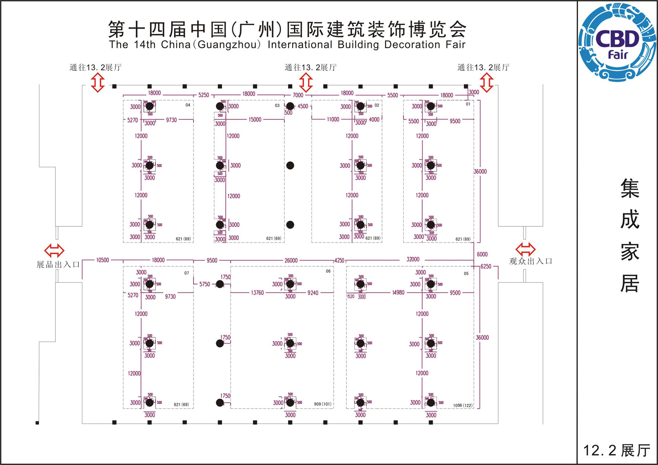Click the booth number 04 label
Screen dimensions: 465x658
(x=188, y=105)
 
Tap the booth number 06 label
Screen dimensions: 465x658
(x=328, y=271)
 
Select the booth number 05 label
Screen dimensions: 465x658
(x=466, y=274)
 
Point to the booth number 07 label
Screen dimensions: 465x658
(x=187, y=273)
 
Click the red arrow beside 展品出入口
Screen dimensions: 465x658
(x=54, y=250)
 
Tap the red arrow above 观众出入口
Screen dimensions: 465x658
(x=526, y=248)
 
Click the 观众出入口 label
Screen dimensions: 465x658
(x=531, y=261)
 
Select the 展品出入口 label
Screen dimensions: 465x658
(x=58, y=265)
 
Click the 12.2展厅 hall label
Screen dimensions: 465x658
(x=617, y=451)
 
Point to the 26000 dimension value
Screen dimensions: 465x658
(x=291, y=260)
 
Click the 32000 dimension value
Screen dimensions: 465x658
(x=413, y=259)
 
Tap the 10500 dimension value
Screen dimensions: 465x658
(x=103, y=260)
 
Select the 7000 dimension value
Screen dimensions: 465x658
(x=298, y=95)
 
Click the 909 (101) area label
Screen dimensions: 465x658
(x=322, y=404)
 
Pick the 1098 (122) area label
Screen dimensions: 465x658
(x=463, y=405)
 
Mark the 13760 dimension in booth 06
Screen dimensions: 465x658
(x=257, y=293)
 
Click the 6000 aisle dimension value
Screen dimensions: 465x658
(x=482, y=254)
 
